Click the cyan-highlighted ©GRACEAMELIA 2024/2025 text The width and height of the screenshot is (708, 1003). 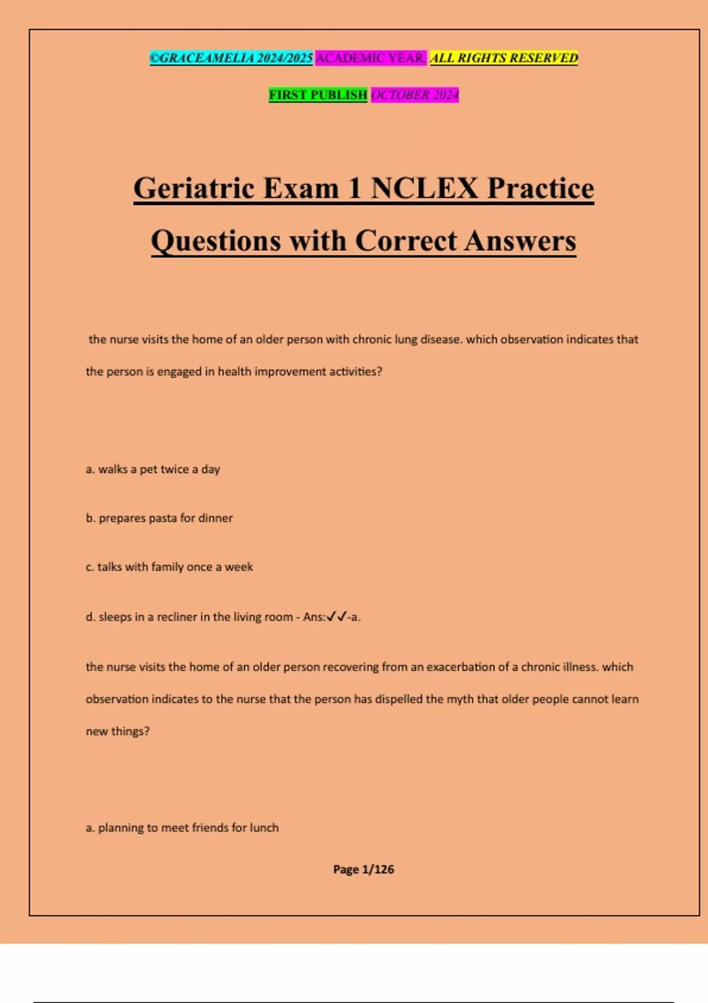click(x=231, y=58)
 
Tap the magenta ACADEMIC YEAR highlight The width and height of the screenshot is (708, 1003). click(x=371, y=58)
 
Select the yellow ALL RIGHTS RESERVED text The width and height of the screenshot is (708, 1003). click(x=504, y=58)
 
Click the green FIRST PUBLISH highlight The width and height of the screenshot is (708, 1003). click(x=318, y=94)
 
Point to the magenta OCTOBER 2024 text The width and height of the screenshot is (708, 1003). click(x=415, y=94)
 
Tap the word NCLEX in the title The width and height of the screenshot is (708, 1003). click(x=424, y=189)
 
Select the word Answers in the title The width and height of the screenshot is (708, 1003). click(x=520, y=241)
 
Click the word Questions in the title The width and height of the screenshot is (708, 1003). click(x=216, y=241)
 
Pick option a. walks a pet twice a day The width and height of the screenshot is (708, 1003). click(x=153, y=469)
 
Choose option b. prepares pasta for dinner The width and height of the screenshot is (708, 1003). click(x=159, y=518)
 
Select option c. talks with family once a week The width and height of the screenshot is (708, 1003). click(x=169, y=567)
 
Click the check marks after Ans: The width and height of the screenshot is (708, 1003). click(x=336, y=617)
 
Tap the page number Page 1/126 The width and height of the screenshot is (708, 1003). click(x=363, y=869)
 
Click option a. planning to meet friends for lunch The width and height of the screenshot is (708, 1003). click(x=182, y=828)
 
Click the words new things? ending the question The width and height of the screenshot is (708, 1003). click(x=117, y=732)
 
